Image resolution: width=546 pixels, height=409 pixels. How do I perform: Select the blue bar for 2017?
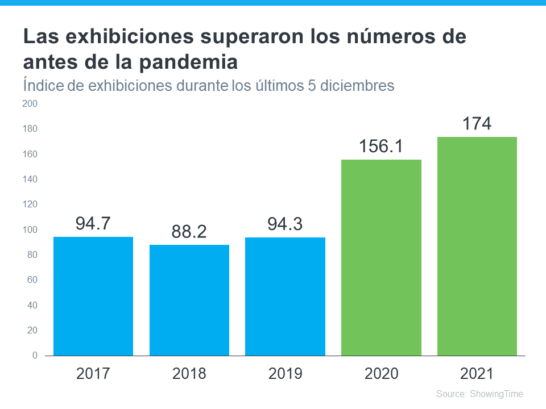click(93, 296)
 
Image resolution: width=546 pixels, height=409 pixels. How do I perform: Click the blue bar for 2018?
click(189, 300)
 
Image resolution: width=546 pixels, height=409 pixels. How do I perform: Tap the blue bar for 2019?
click(285, 296)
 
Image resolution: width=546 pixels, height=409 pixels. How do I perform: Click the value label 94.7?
click(93, 223)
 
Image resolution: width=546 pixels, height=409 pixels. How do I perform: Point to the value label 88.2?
click(189, 232)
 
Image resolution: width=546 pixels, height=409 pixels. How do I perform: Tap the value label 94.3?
click(285, 223)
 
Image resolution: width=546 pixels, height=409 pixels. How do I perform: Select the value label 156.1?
click(381, 146)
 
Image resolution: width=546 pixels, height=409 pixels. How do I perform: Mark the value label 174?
click(477, 123)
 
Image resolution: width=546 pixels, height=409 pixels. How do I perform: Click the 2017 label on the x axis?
click(93, 373)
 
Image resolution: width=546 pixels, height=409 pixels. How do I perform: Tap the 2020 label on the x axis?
click(381, 373)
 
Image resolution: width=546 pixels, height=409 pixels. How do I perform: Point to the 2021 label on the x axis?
click(477, 373)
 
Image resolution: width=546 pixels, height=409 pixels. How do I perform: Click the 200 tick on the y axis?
click(30, 104)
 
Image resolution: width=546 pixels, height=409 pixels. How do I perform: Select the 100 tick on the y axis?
click(30, 229)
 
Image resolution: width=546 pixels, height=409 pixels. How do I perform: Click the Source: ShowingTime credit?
click(479, 394)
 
